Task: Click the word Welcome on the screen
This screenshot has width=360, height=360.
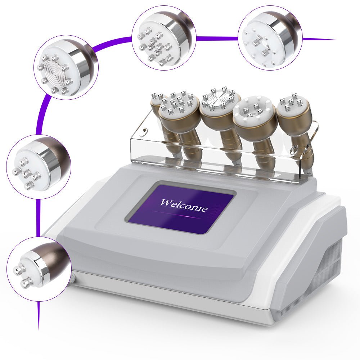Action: coord(184,205)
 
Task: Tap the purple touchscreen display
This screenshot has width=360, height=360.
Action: coord(181,207)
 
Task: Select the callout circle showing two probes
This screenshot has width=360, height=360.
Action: coord(39,269)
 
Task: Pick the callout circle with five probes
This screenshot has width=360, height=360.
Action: coord(39,167)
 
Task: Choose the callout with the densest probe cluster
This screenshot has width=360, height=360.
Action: coord(164,38)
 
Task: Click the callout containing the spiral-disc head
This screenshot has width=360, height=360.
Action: coord(66,68)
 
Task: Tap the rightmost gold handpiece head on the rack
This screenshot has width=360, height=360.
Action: coord(294,110)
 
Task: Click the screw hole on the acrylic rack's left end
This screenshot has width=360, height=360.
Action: coord(144,131)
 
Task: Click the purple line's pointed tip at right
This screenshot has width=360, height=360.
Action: coord(336,40)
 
